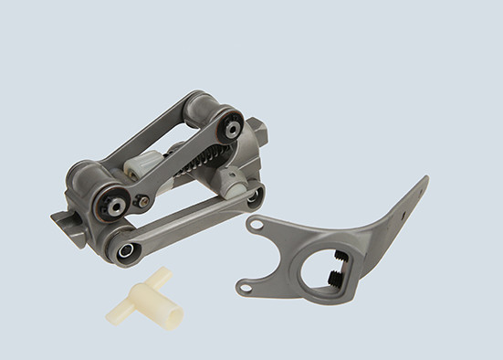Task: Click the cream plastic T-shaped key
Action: coord(151,298)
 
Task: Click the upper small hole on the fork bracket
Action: coord(257,224)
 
